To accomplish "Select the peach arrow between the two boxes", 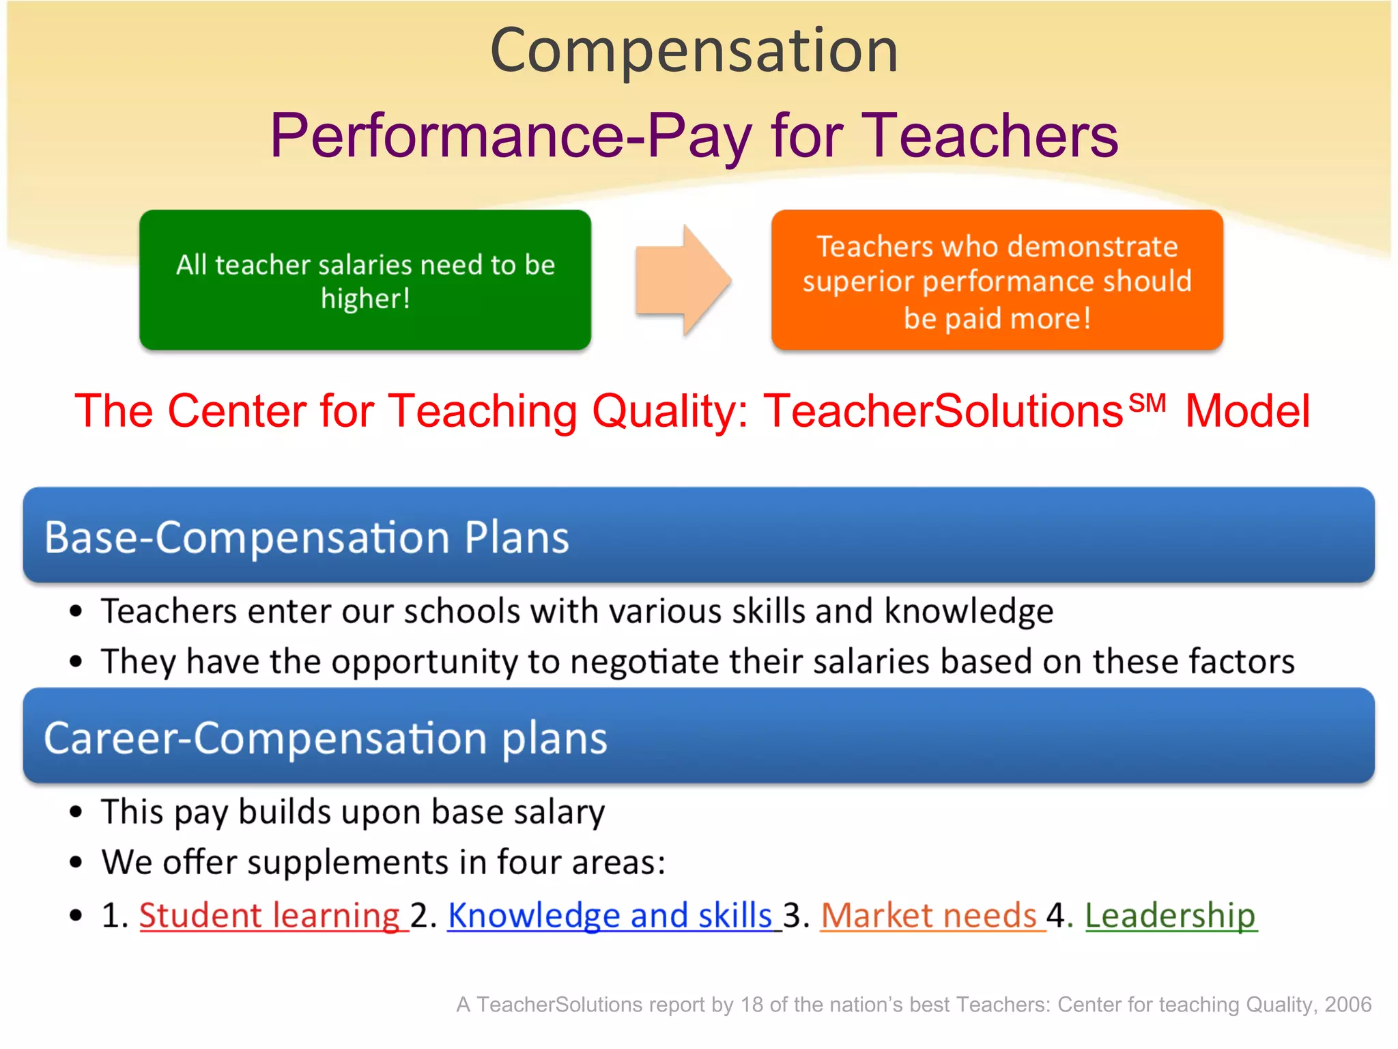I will (683, 280).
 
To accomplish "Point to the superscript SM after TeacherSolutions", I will (1147, 403).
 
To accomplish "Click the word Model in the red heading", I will (1247, 411).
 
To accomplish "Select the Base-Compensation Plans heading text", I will (306, 537).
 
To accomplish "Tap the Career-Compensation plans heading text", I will (325, 738).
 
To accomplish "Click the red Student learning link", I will (270, 915).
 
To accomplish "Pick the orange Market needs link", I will (929, 915).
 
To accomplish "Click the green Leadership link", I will (1170, 915).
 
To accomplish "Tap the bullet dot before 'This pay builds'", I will (76, 812).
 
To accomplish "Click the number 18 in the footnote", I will (752, 1005).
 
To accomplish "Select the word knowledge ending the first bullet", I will (969, 611).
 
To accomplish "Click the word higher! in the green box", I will (366, 298).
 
